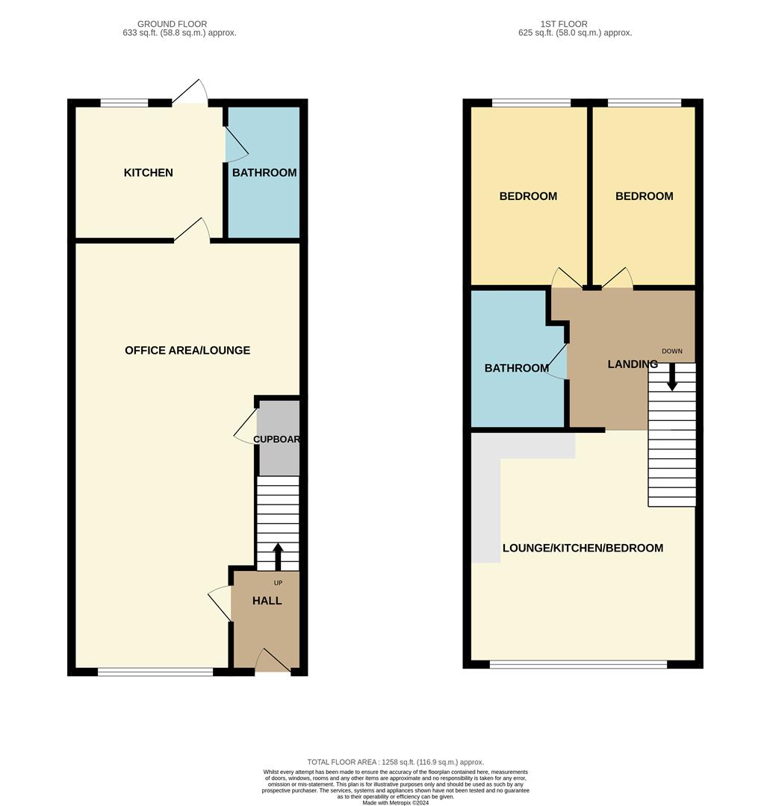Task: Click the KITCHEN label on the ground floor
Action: coord(148,172)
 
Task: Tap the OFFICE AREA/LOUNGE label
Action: coord(187,350)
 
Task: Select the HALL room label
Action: coord(267,600)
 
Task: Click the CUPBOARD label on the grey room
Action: coord(277,439)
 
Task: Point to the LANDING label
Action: coord(632,364)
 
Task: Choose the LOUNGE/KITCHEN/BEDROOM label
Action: coord(583,548)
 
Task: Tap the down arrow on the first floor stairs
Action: coord(672,378)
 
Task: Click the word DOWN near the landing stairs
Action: coord(672,351)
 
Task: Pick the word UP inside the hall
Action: coord(278,583)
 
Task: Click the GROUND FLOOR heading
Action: coord(173,24)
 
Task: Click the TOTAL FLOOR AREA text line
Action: coord(395,761)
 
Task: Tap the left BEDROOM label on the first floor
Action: coord(528,196)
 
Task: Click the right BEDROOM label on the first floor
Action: coord(644,196)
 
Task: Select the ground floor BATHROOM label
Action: coord(264,172)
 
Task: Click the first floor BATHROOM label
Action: coord(517,368)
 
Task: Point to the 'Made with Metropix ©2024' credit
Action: coord(395,802)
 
